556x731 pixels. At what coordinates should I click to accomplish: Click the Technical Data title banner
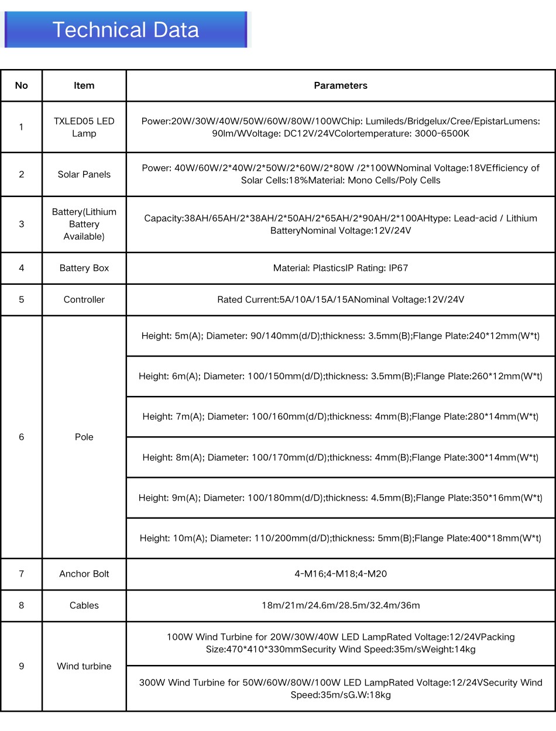click(x=125, y=30)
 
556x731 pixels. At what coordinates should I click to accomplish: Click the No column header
click(x=22, y=85)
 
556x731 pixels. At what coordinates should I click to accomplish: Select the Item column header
click(x=84, y=85)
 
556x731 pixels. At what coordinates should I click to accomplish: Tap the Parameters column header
click(x=341, y=85)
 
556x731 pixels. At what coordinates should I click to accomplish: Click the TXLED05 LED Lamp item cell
click(x=84, y=127)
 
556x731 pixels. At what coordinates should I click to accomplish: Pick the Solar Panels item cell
click(x=84, y=174)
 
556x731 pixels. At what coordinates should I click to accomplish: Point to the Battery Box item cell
click(x=84, y=268)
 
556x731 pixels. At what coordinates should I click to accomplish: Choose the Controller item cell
click(x=84, y=299)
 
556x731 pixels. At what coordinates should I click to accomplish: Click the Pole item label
click(x=84, y=437)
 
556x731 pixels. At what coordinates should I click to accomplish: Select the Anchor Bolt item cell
click(x=84, y=574)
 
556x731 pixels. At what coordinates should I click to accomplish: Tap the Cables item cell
click(x=84, y=605)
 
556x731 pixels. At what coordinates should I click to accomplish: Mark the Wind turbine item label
click(x=84, y=666)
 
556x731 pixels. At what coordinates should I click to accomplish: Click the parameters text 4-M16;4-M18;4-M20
click(x=341, y=574)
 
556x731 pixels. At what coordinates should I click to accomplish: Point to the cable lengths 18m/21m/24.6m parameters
click(x=341, y=605)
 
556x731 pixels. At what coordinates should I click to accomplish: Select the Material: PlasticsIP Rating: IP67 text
click(x=341, y=268)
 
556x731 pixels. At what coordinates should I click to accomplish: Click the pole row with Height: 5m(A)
click(x=341, y=336)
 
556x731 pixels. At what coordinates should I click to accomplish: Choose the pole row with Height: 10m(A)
click(x=341, y=538)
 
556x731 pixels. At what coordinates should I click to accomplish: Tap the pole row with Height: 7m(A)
click(x=341, y=416)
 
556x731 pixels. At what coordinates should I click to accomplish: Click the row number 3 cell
click(x=22, y=224)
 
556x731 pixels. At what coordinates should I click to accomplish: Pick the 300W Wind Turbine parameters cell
click(x=341, y=688)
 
